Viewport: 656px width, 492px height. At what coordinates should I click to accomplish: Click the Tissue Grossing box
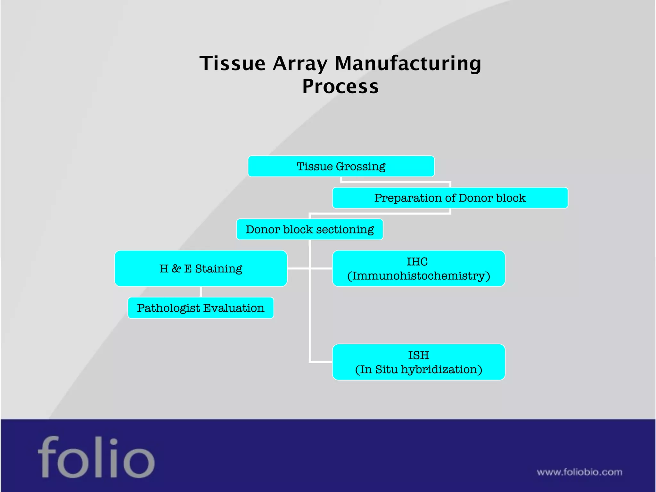[x=341, y=166]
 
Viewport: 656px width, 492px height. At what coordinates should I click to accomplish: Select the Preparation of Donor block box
[x=450, y=198]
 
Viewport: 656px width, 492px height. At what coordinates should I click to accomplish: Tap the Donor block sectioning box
[x=309, y=229]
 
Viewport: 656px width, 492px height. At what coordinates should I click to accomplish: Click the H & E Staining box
[x=201, y=268]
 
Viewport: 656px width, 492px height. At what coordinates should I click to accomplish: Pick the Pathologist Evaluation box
[x=201, y=308]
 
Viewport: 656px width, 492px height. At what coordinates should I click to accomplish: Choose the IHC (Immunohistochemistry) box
[x=418, y=268]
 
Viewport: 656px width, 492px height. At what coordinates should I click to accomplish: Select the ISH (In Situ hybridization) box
[x=418, y=362]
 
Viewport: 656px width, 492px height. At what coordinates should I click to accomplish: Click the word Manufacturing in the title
[x=408, y=63]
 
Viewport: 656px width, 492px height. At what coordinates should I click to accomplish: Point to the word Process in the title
[x=340, y=86]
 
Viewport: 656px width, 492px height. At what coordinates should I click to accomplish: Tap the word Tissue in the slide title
[x=233, y=63]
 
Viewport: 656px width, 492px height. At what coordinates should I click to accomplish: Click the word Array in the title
[x=300, y=63]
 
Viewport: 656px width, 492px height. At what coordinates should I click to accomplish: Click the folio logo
[x=96, y=457]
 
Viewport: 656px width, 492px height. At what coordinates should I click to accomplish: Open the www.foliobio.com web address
[x=579, y=472]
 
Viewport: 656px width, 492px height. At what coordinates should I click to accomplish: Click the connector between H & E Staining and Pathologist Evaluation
[x=201, y=292]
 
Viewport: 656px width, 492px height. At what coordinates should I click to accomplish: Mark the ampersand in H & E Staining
[x=176, y=268]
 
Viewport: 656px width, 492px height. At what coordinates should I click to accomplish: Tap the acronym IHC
[x=417, y=262]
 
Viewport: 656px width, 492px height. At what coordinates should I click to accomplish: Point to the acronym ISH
[x=418, y=355]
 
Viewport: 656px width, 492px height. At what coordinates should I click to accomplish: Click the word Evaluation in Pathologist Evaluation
[x=234, y=308]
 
